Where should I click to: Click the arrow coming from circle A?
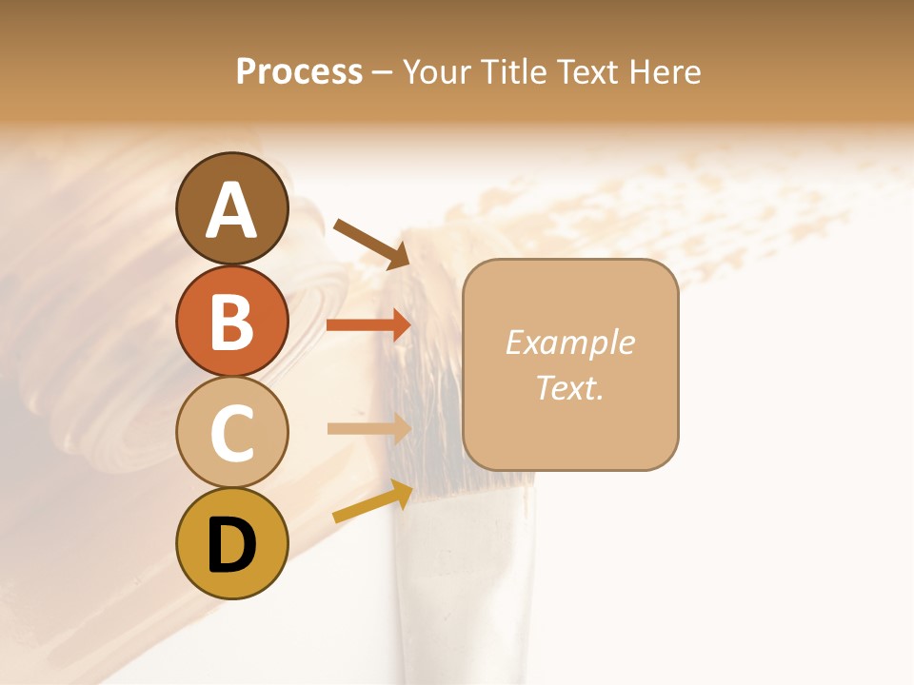(x=371, y=243)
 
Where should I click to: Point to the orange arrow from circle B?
(x=369, y=324)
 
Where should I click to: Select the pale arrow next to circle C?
(x=369, y=428)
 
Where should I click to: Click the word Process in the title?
(x=299, y=71)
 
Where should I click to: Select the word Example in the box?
(x=570, y=342)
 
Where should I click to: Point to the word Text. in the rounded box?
(x=570, y=387)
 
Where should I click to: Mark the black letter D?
(x=231, y=545)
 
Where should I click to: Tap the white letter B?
(x=231, y=321)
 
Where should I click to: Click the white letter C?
(x=231, y=433)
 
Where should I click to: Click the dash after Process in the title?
(x=383, y=71)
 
